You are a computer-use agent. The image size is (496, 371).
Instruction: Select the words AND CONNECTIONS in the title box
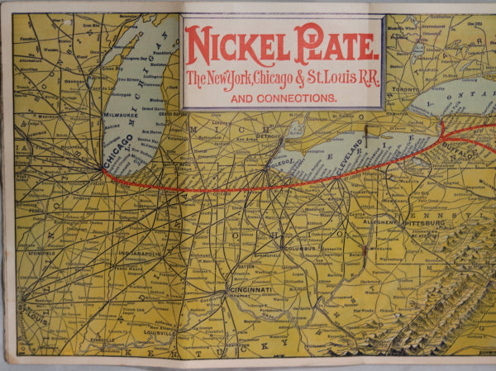[x=284, y=98]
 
